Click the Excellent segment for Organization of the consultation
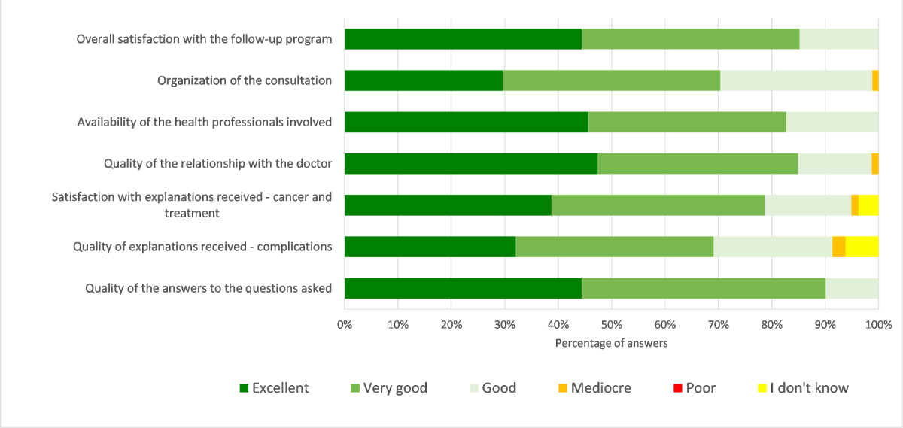point(424,80)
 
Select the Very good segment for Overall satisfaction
point(690,39)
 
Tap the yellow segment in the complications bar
point(862,247)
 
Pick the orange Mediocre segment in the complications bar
point(838,247)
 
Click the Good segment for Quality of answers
point(852,288)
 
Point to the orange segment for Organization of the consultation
point(875,80)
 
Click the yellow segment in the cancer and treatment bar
point(868,205)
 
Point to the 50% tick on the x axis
point(611,325)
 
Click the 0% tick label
point(345,325)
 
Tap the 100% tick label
point(878,325)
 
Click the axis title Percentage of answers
point(611,343)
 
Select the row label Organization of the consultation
point(245,80)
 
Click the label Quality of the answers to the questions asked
point(208,288)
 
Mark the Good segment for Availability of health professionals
point(832,122)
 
